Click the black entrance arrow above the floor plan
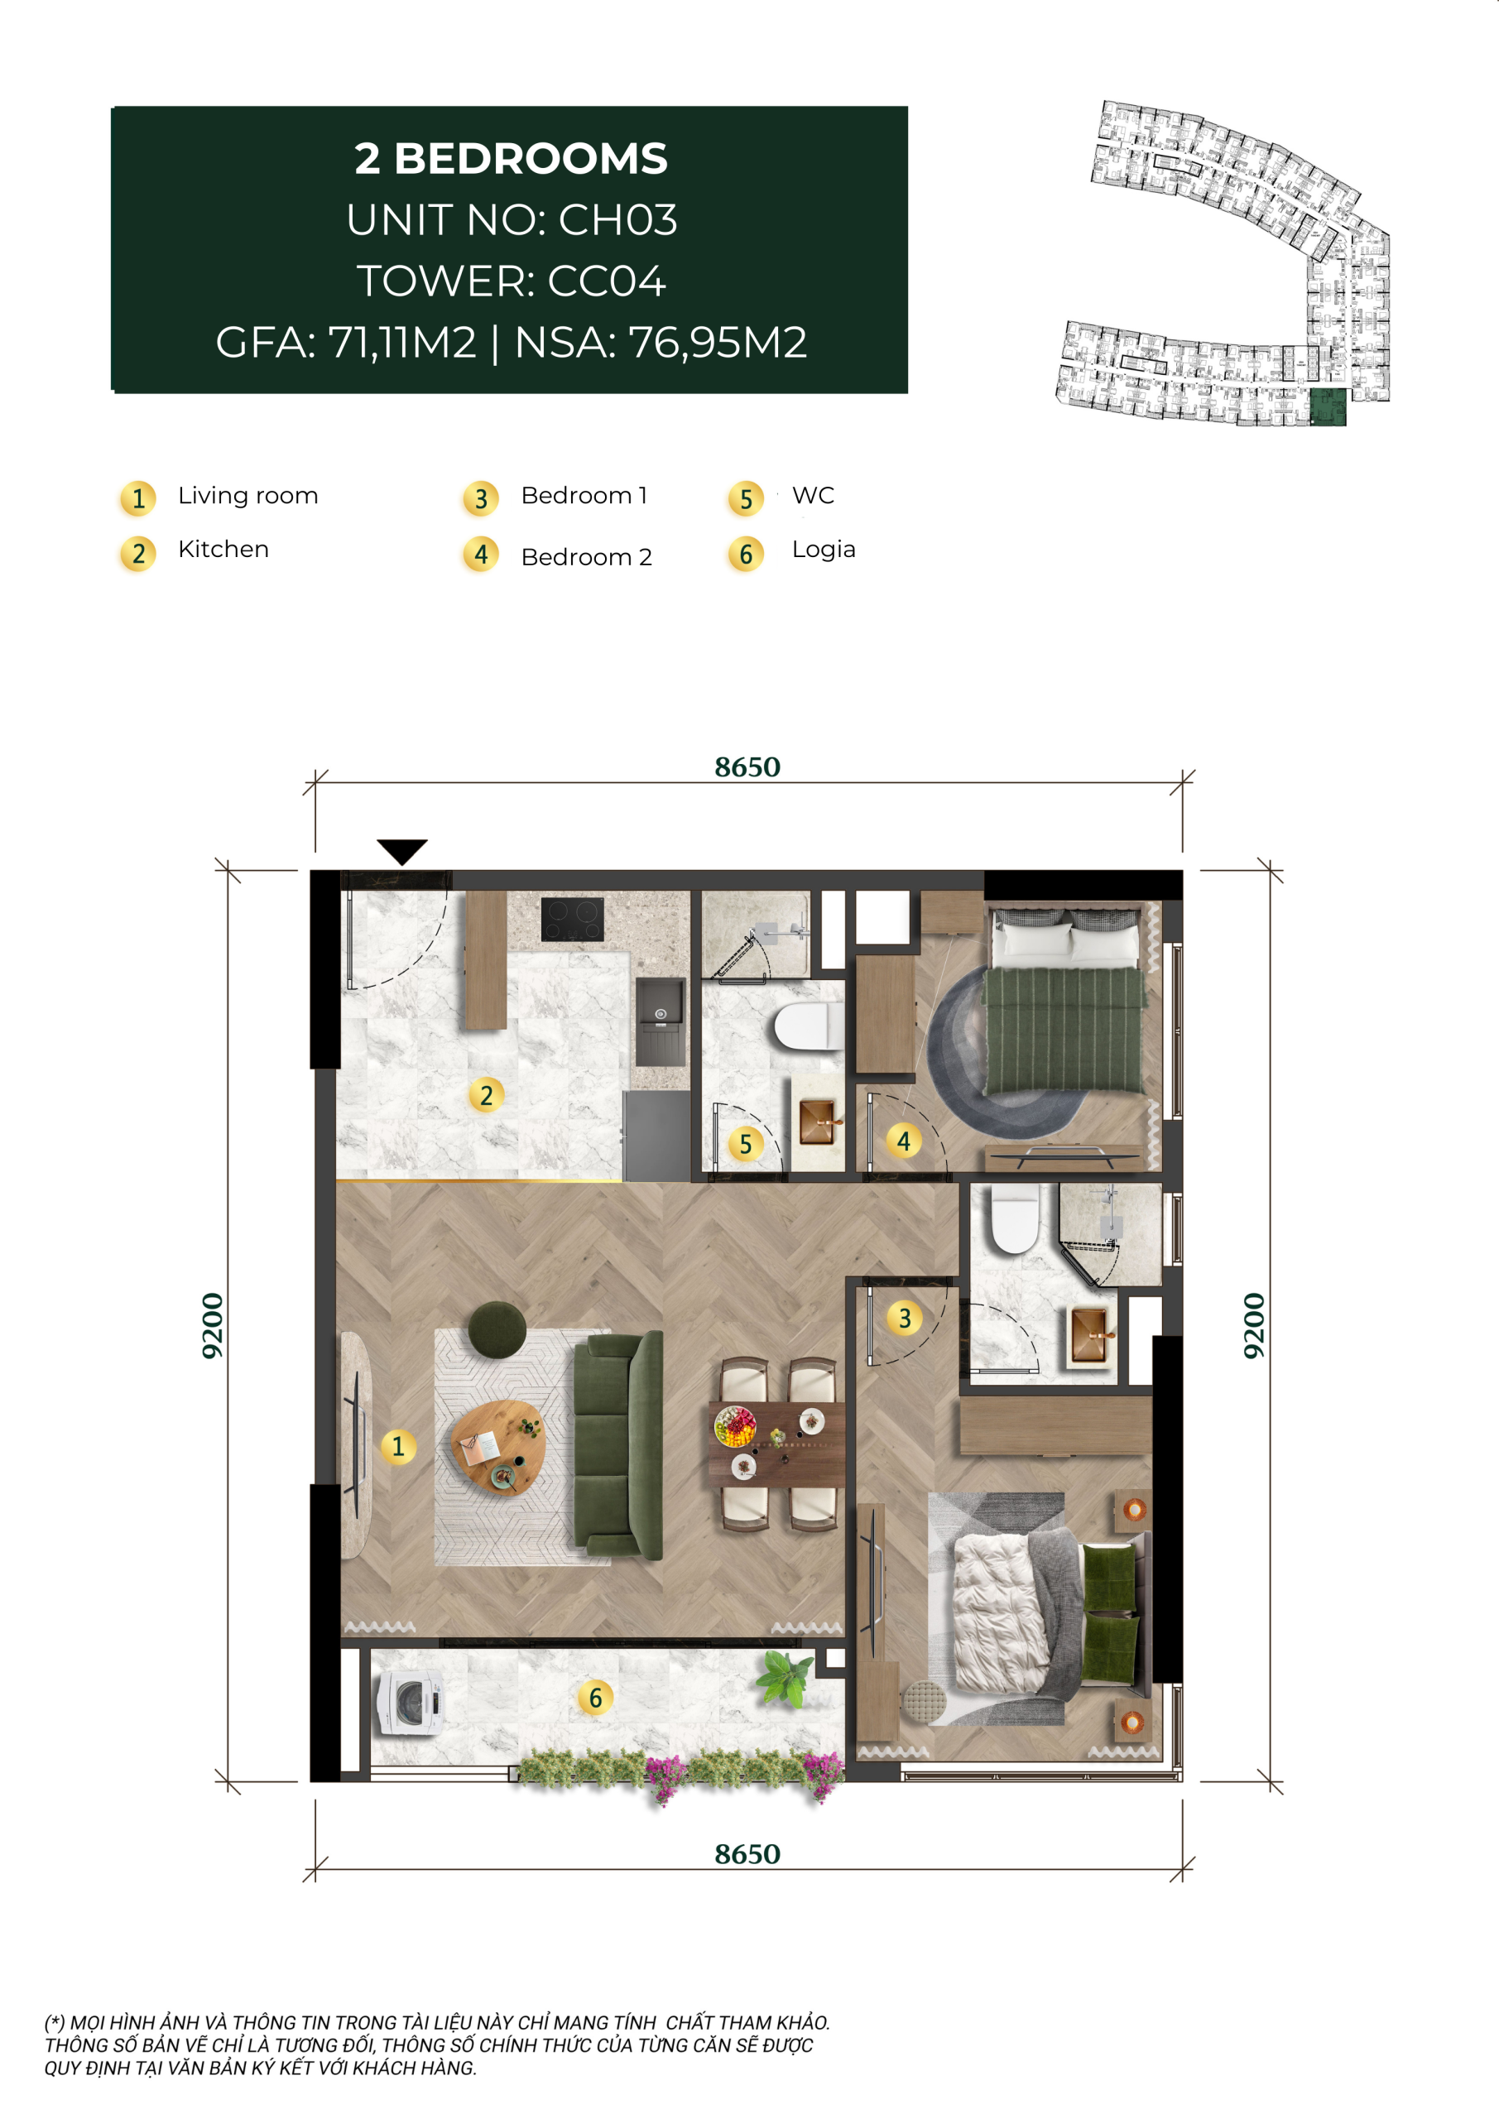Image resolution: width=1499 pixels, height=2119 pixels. click(x=401, y=851)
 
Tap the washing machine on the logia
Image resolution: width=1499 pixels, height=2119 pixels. click(x=410, y=1702)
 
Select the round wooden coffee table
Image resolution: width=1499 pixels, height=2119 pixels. click(x=497, y=1447)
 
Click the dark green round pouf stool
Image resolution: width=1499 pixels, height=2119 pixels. click(x=497, y=1330)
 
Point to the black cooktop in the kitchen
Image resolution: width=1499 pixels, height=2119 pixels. click(x=572, y=920)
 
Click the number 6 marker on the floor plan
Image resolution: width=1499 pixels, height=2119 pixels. click(x=595, y=1697)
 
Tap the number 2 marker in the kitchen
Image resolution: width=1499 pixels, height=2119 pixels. click(x=487, y=1095)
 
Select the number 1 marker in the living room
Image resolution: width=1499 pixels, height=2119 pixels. click(x=398, y=1445)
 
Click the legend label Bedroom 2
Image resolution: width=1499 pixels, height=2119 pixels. click(x=586, y=557)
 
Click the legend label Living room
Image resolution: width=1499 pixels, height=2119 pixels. click(x=247, y=496)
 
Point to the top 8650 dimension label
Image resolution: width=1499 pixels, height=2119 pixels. click(x=747, y=767)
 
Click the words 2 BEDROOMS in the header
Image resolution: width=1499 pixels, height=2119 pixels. click(x=511, y=159)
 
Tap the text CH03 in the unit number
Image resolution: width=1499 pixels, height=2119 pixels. click(x=617, y=219)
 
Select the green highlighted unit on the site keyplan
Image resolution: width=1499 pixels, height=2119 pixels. click(x=1328, y=407)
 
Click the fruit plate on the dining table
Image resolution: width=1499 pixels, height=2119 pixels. click(x=735, y=1427)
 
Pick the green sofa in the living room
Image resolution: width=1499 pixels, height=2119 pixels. click(x=617, y=1445)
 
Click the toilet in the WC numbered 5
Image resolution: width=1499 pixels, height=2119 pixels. click(x=809, y=1027)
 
